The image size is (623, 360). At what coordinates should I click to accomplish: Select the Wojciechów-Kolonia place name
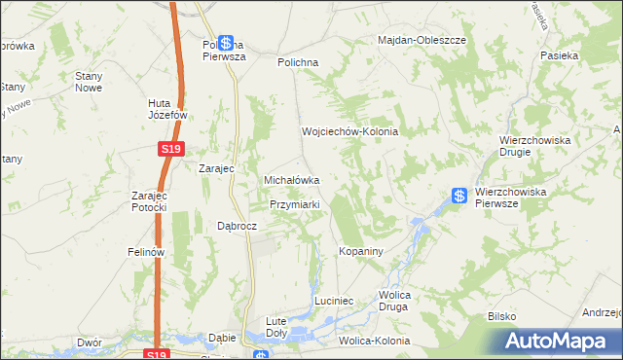click(x=350, y=131)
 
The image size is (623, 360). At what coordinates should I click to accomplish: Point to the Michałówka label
click(x=293, y=180)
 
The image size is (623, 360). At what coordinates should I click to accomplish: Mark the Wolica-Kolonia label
click(x=375, y=342)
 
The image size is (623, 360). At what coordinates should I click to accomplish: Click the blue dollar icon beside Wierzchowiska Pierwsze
click(x=459, y=196)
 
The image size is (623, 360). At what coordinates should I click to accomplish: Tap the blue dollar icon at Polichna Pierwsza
click(x=226, y=44)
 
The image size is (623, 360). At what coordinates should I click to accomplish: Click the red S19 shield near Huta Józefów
click(x=169, y=149)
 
